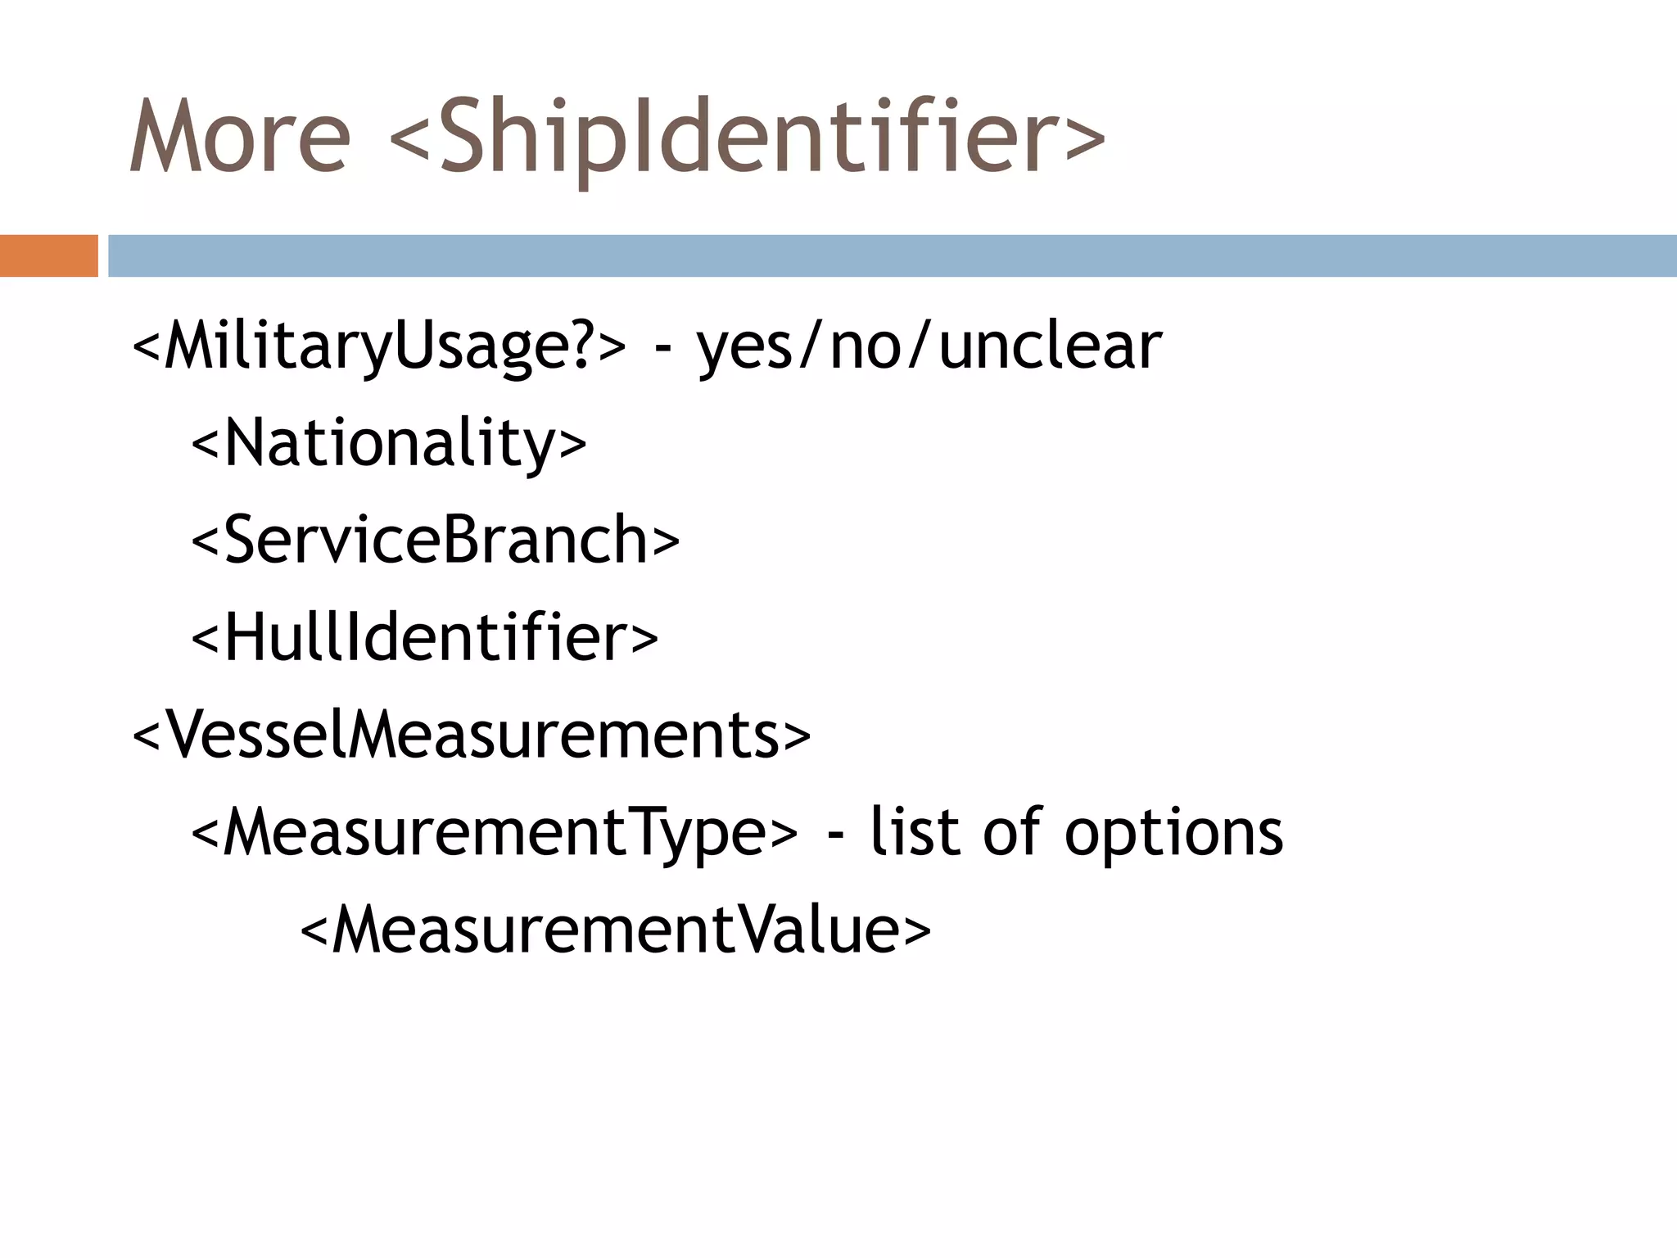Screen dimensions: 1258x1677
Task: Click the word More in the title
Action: click(x=239, y=136)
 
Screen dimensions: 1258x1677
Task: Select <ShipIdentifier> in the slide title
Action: click(x=747, y=136)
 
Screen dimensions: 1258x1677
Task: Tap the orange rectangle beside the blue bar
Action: click(x=48, y=256)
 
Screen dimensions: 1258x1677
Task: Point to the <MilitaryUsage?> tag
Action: click(x=378, y=347)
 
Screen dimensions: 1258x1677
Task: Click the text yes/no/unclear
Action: click(x=929, y=347)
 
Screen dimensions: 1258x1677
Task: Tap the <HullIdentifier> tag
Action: click(x=424, y=638)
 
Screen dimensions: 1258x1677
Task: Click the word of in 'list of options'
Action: click(x=1012, y=832)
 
